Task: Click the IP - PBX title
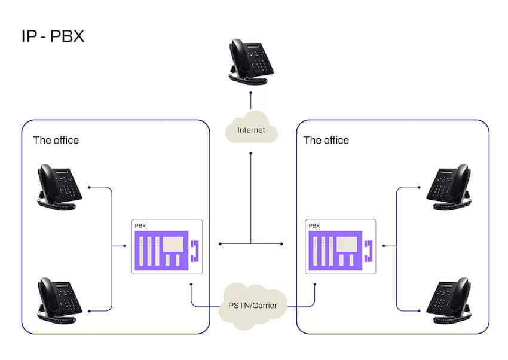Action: click(x=53, y=36)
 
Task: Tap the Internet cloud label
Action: click(x=251, y=130)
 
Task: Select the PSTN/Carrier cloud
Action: click(x=253, y=305)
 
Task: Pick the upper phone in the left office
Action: click(x=59, y=187)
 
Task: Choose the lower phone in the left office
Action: click(x=59, y=301)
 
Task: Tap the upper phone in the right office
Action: click(x=449, y=187)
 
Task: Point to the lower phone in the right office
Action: click(x=449, y=301)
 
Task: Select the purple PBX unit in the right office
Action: click(x=335, y=249)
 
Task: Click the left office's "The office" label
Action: click(x=56, y=141)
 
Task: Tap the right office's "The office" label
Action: click(x=326, y=141)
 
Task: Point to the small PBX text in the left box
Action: click(x=140, y=226)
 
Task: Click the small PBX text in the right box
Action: click(x=314, y=226)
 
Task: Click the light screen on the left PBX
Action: click(x=172, y=244)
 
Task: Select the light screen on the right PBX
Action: click(x=346, y=244)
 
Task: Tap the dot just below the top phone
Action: click(x=251, y=93)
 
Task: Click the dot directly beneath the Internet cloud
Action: click(x=251, y=154)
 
